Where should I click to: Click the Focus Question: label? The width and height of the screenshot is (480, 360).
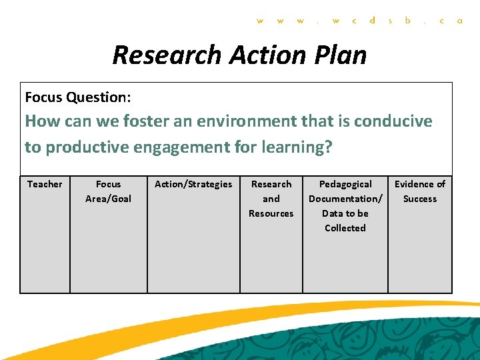pyautogui.click(x=77, y=97)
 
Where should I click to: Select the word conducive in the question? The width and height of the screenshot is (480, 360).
pyautogui.click(x=393, y=121)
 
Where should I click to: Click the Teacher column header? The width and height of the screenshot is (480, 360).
pyautogui.click(x=45, y=184)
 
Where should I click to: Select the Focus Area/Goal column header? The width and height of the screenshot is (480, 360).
pyautogui.click(x=108, y=191)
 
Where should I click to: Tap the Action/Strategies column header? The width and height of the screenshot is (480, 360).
pyautogui.click(x=193, y=184)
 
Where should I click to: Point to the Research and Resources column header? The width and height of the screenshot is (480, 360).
pyautogui.click(x=271, y=199)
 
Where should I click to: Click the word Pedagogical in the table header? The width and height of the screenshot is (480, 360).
pyautogui.click(x=345, y=184)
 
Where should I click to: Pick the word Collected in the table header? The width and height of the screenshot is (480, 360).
pyautogui.click(x=345, y=228)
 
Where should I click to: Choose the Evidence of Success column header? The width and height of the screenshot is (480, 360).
pyautogui.click(x=420, y=191)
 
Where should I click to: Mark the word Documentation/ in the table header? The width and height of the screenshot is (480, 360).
pyautogui.click(x=345, y=199)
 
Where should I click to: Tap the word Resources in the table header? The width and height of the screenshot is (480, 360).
pyautogui.click(x=271, y=213)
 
